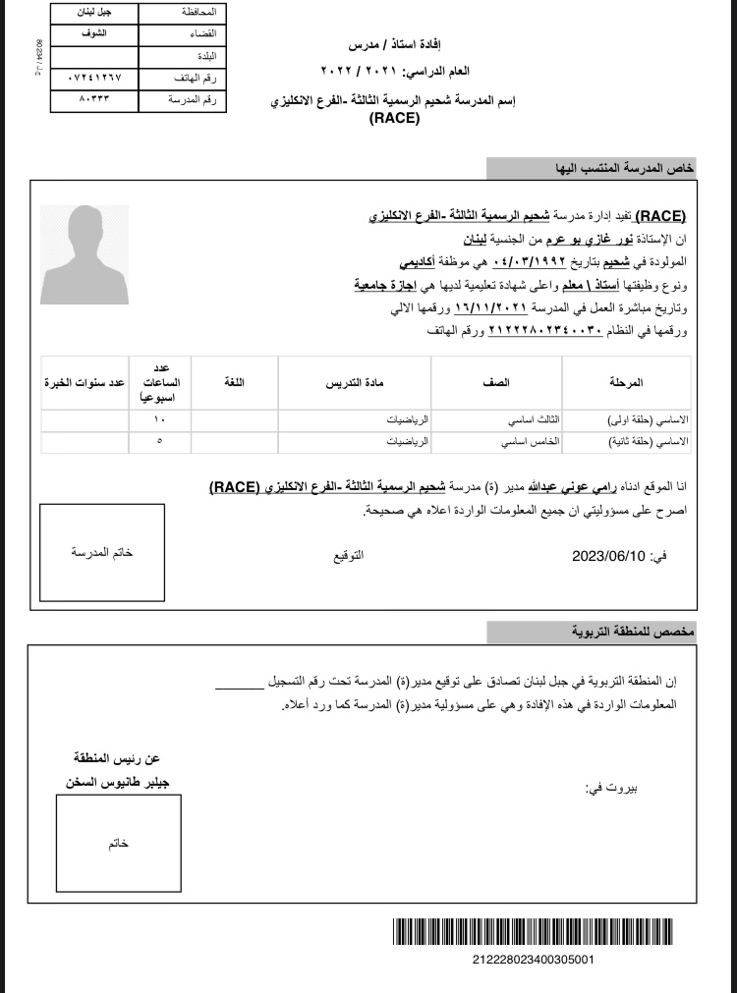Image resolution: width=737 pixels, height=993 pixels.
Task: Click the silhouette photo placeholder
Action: tap(85, 254)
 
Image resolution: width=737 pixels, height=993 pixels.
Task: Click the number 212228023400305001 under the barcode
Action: tap(533, 959)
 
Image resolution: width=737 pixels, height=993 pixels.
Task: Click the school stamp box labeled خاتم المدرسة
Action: tap(102, 552)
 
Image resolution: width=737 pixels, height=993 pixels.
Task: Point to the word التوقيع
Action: tap(349, 556)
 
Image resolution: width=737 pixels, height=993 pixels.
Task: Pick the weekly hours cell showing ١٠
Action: tap(160, 419)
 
